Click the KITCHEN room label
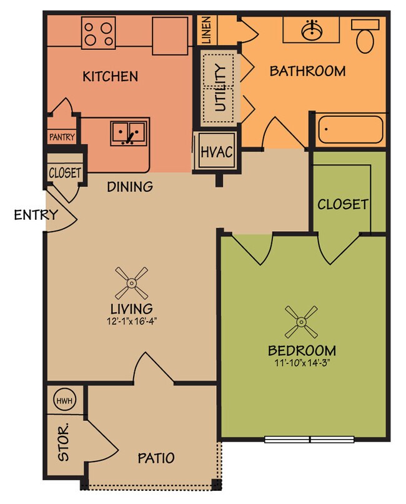click(110, 77)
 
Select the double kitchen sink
click(128, 132)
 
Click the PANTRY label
click(61, 137)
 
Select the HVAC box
click(216, 152)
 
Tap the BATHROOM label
click(307, 71)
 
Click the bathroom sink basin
click(311, 30)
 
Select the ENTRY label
click(36, 215)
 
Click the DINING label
click(129, 186)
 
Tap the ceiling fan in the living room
click(132, 283)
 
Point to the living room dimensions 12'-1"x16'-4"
click(132, 323)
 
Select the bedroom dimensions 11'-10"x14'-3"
click(302, 363)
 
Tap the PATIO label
click(156, 458)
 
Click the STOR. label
click(63, 443)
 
